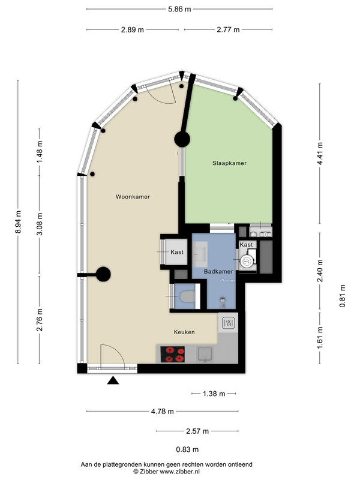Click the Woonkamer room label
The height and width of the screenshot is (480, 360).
point(133,197)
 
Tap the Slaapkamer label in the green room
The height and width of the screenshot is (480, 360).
point(230,163)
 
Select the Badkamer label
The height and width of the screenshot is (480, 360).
point(218,272)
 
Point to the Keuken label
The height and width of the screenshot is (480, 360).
point(184,332)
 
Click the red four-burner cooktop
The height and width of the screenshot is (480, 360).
point(173,355)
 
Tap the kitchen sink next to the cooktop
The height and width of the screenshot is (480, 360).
point(205,355)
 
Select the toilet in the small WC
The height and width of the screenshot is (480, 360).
point(187,296)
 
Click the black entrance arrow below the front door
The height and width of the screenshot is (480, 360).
point(113,380)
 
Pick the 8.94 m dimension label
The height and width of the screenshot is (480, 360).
point(19,222)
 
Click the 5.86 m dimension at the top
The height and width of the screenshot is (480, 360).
point(179,9)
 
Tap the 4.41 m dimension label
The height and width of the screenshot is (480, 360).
point(320,154)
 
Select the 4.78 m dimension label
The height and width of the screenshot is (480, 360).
point(162,412)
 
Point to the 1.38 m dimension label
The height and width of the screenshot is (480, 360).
point(214,394)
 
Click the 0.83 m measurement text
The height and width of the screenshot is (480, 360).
point(187,449)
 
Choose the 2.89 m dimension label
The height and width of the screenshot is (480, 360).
point(132,29)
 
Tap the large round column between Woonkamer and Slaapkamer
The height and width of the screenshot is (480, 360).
point(182,139)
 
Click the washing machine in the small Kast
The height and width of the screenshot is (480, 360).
point(247,261)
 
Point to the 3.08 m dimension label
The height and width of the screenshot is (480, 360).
point(40,224)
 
